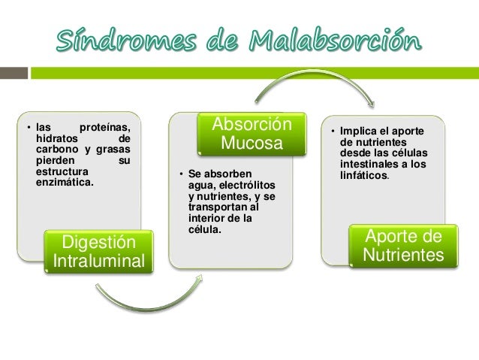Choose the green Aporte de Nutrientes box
pos(402,247)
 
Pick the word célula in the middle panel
pos(203,228)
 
